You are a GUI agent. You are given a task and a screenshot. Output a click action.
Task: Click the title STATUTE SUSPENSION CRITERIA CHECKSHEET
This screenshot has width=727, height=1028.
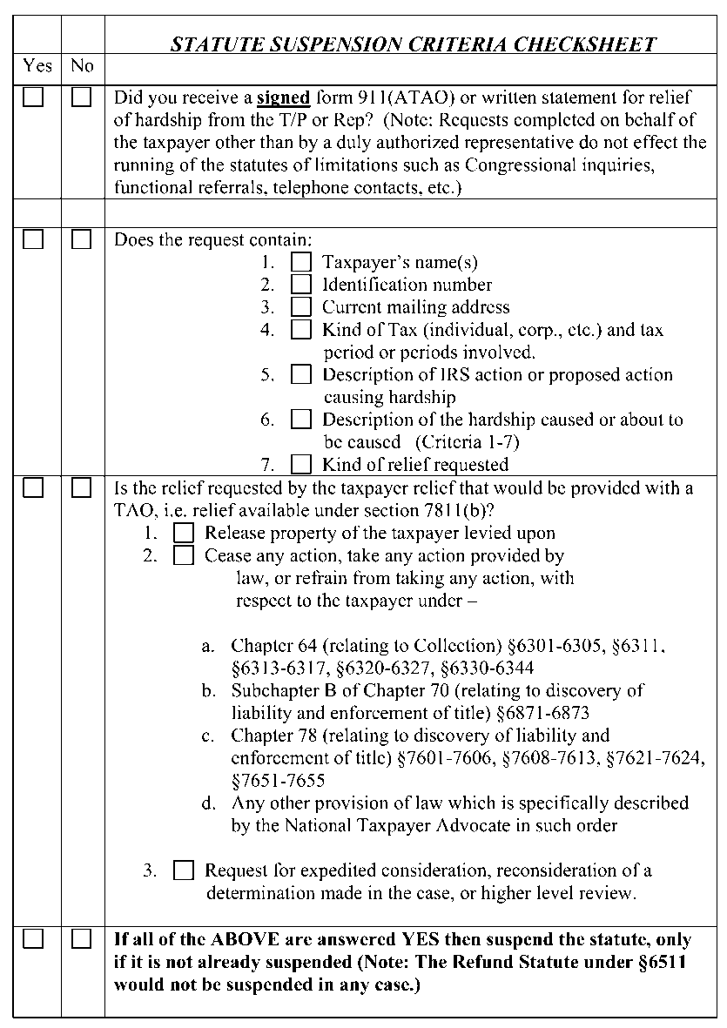[414, 44]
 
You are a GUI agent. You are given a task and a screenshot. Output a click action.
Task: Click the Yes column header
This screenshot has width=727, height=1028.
[37, 66]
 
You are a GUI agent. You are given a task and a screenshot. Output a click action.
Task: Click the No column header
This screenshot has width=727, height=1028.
[82, 66]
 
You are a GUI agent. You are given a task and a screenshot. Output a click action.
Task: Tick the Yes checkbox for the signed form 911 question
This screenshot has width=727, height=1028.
[33, 97]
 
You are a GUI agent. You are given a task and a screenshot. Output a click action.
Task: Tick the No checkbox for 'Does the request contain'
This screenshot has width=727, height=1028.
[81, 239]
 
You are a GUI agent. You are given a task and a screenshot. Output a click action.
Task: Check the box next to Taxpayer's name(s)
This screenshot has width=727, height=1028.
[300, 261]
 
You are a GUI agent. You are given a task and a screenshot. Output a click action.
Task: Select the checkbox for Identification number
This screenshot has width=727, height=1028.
[300, 284]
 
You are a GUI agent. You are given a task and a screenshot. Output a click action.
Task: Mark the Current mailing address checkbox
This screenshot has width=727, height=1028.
[300, 306]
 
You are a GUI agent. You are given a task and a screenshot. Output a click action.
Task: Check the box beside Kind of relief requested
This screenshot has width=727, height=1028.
[300, 464]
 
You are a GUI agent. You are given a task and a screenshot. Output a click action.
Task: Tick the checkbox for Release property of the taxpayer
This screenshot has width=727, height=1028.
[183, 533]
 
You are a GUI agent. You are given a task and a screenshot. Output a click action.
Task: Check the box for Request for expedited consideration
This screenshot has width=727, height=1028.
[183, 870]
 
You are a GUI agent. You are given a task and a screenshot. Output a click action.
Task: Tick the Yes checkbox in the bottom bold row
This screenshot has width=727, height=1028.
[33, 938]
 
